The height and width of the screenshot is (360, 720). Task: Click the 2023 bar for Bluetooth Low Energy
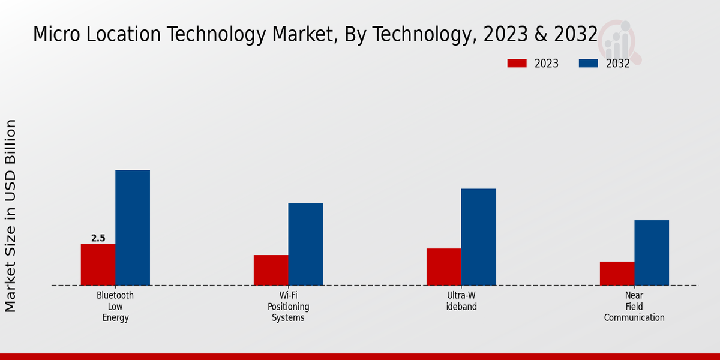tap(98, 264)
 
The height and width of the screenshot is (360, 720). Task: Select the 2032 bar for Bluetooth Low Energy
tap(133, 227)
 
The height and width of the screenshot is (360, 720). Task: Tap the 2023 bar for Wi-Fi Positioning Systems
tap(271, 270)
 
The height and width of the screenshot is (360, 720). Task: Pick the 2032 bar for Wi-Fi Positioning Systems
tap(305, 244)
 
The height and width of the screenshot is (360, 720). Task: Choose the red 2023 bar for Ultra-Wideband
tap(443, 266)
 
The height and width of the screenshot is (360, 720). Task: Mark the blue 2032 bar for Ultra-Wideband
tap(478, 237)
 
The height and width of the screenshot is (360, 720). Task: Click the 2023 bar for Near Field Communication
tap(617, 273)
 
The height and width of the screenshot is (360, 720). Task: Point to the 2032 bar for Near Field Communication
tap(652, 253)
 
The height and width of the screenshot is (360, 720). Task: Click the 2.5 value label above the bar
tap(98, 238)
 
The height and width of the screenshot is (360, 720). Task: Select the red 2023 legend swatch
tap(517, 64)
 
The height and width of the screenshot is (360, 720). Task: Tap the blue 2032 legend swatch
tap(588, 64)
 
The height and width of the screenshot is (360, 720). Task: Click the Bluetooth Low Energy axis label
tap(115, 307)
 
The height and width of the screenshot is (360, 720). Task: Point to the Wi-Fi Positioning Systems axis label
tap(289, 307)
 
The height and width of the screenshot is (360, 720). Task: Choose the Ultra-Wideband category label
tap(461, 301)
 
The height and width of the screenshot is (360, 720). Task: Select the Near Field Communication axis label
tap(634, 307)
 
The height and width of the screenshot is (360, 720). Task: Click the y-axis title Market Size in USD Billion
tap(11, 216)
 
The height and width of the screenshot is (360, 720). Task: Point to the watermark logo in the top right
tap(621, 41)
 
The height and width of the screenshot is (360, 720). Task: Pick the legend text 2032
tap(618, 64)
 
